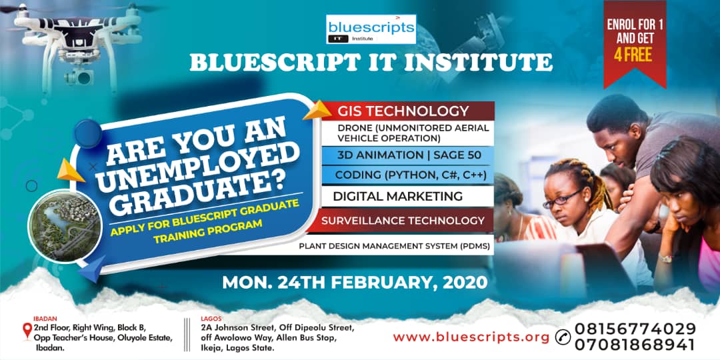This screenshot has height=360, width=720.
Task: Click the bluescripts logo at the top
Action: (371, 30)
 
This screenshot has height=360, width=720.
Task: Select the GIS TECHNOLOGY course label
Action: (403, 111)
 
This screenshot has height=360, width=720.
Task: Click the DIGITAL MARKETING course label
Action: (397, 196)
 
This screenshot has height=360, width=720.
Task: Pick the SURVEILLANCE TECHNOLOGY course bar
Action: (403, 220)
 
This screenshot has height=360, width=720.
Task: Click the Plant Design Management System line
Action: (395, 245)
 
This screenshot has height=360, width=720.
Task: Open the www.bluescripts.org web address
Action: (471, 337)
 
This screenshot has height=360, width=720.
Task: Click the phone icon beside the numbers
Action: (563, 337)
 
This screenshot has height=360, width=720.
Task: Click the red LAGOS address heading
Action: (211, 319)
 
